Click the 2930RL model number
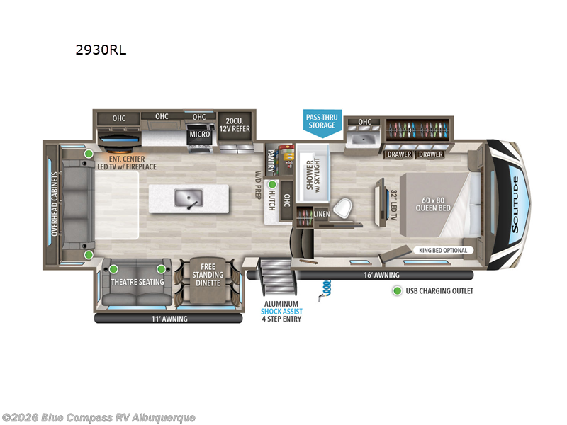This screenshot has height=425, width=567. click(x=101, y=50)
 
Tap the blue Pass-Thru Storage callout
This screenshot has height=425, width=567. click(x=322, y=123)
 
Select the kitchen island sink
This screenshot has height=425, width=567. click(x=189, y=198)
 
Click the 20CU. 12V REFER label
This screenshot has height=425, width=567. click(x=235, y=125)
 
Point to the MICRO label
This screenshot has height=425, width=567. click(x=200, y=134)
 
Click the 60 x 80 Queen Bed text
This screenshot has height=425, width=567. click(x=433, y=204)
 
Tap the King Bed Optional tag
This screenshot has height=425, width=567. click(x=443, y=251)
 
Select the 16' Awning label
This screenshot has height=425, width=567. click(x=381, y=275)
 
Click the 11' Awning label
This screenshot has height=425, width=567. click(x=169, y=319)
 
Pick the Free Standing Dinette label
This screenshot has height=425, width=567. click(x=208, y=275)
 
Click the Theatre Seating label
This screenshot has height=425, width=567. click(x=137, y=282)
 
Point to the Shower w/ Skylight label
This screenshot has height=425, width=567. click(x=313, y=174)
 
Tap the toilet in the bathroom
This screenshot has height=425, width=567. click(x=342, y=208)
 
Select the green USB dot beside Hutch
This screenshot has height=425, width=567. click(x=272, y=185)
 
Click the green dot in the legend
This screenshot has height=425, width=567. click(x=397, y=291)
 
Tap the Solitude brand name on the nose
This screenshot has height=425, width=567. click(x=515, y=205)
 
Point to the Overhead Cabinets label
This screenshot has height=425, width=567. click(x=55, y=204)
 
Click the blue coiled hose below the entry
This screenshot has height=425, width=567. click(x=325, y=290)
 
